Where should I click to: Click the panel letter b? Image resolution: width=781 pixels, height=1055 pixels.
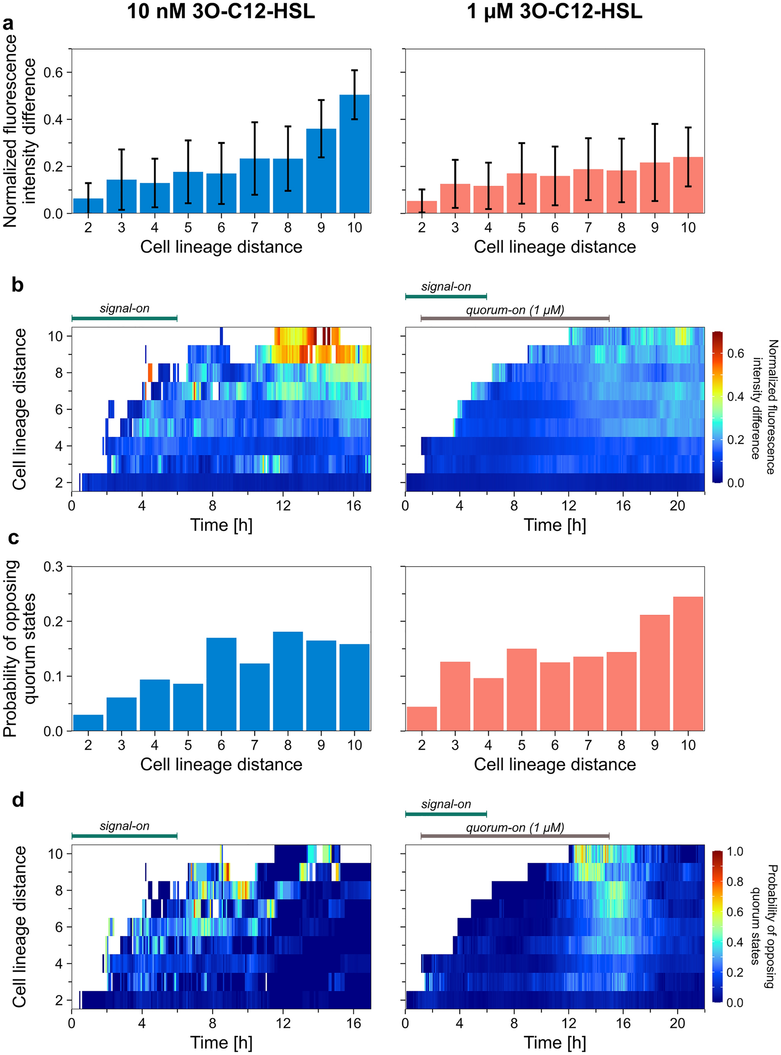pyautogui.click(x=17, y=285)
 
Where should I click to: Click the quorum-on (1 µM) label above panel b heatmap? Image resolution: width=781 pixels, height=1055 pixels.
pyautogui.click(x=515, y=311)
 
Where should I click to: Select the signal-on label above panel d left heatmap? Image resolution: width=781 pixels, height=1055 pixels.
pyautogui.click(x=124, y=826)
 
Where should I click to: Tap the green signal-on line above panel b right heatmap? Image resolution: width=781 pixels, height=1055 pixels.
pyautogui.click(x=446, y=297)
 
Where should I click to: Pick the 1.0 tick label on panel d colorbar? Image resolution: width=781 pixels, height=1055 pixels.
pyautogui.click(x=735, y=852)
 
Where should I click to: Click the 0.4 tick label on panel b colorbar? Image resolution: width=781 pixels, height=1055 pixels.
pyautogui.click(x=735, y=396)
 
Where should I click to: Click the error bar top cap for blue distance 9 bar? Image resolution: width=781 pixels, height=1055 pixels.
pyautogui.click(x=321, y=100)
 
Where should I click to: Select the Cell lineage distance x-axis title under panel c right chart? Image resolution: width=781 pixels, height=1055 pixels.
pyautogui.click(x=554, y=764)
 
